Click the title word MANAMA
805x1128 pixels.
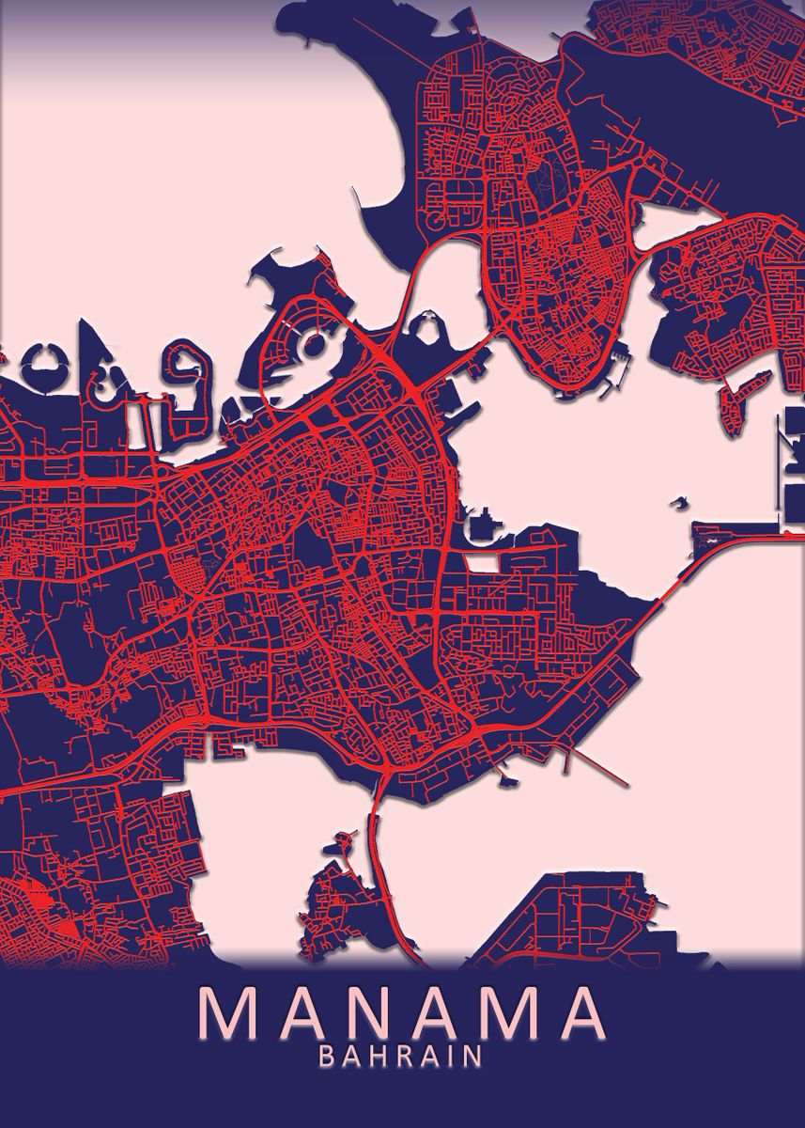(x=402, y=1014)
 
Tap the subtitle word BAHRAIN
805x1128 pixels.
(x=402, y=1057)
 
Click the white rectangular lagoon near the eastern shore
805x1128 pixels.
(x=483, y=562)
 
